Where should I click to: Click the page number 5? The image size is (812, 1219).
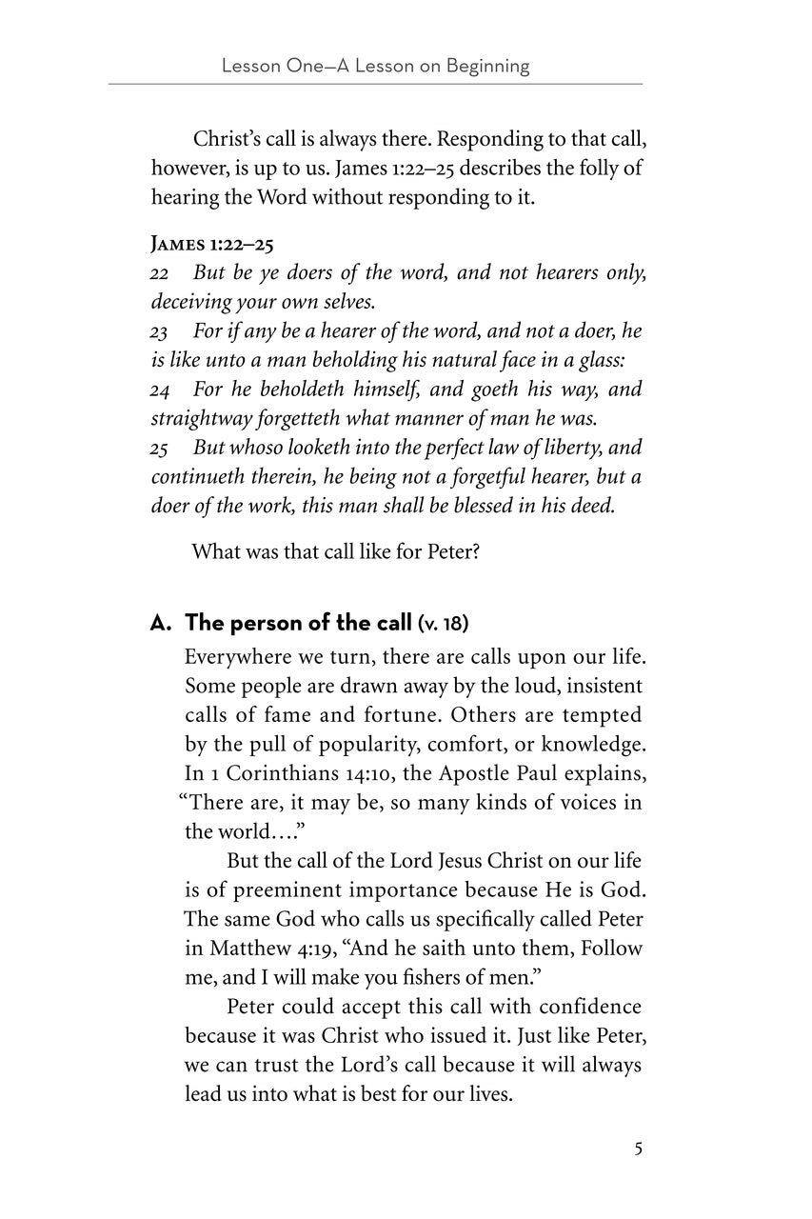point(638,1149)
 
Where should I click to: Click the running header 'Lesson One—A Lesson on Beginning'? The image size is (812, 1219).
point(375,66)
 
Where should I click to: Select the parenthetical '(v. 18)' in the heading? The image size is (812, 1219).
point(443,625)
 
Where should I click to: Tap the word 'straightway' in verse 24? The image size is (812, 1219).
point(197,417)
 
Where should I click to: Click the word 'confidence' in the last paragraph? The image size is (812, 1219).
point(590,1007)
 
